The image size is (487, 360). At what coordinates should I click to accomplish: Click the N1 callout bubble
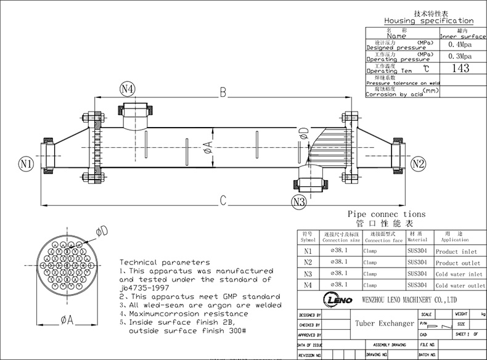25,163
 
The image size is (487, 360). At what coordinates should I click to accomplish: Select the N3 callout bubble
299,201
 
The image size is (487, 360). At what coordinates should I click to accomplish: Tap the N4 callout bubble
128,88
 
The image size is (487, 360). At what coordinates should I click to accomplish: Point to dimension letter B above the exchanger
223,92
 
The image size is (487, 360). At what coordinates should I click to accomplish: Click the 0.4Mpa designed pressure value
459,45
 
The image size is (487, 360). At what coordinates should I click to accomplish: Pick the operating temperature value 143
460,68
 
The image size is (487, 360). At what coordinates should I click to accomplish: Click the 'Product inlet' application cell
456,252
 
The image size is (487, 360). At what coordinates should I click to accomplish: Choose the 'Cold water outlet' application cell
460,285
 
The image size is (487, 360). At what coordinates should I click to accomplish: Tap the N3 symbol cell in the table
308,274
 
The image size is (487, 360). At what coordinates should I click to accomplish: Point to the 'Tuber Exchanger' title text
385,323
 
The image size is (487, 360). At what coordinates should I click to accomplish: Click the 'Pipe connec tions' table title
387,213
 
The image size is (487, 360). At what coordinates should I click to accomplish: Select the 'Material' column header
417,240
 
